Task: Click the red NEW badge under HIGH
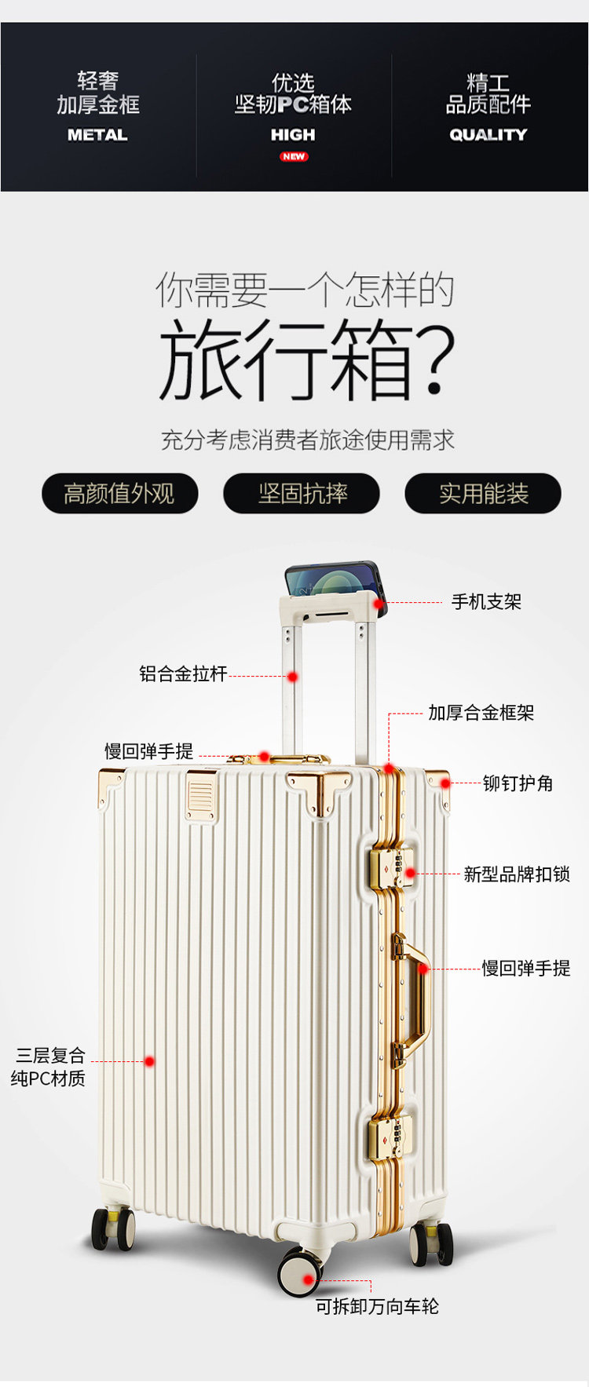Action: coord(294,156)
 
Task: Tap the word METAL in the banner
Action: coord(97,135)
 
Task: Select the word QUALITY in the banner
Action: coord(488,135)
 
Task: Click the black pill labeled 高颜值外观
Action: coord(119,494)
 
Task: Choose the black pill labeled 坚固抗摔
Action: coord(302,494)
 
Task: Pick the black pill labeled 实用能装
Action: coord(483,494)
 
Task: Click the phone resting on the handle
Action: coord(334,579)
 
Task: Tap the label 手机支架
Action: coord(486,602)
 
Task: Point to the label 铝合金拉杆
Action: coord(183,673)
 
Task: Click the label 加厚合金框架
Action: coord(481,713)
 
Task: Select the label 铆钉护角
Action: coord(518,783)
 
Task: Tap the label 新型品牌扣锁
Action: coord(516,874)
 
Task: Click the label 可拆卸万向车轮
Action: coord(377,1306)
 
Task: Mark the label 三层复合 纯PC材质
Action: coord(49,1067)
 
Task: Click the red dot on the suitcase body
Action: coord(149,1061)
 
